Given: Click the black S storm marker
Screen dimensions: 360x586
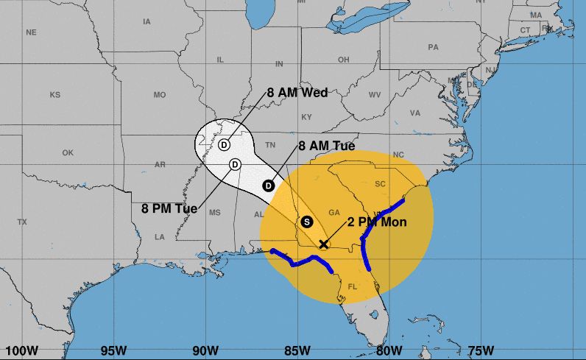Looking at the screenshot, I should click(x=307, y=221).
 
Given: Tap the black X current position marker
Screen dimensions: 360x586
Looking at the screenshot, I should click(x=323, y=244).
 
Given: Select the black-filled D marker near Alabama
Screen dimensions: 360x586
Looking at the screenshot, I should click(x=269, y=186).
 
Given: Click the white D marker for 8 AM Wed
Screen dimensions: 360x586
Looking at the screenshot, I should click(x=224, y=144).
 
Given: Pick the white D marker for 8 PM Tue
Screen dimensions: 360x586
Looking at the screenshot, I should click(x=235, y=163).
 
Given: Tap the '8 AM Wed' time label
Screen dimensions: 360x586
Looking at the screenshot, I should click(x=297, y=93).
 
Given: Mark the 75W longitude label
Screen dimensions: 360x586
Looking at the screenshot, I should click(x=480, y=350).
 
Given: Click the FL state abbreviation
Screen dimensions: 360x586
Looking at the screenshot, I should click(x=352, y=286).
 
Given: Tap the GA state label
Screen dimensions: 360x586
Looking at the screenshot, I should click(x=334, y=212).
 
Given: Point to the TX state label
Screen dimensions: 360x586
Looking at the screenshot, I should click(x=22, y=222).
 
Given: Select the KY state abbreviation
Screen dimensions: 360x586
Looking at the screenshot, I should click(x=307, y=117).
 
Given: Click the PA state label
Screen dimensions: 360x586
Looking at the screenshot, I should click(x=433, y=48).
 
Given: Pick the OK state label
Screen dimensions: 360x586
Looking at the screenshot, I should click(x=68, y=153).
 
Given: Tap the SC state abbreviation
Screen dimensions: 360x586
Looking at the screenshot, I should click(x=381, y=183).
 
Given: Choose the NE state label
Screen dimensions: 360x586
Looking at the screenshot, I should click(x=31, y=32).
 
